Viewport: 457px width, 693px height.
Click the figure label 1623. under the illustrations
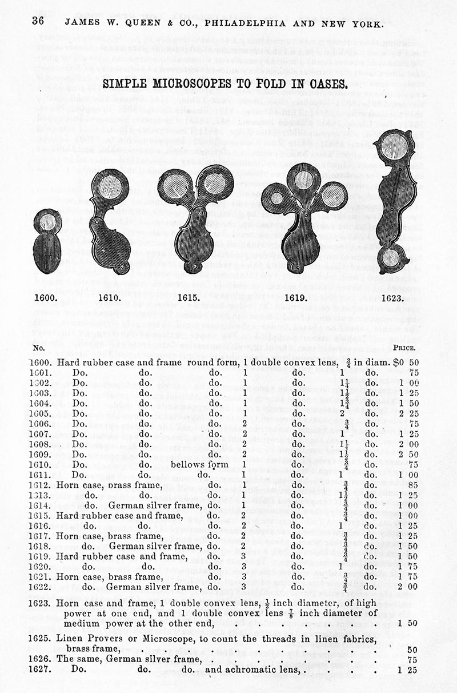pos(392,298)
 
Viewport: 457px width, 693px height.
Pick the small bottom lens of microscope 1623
pos(392,257)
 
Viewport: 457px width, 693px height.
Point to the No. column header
pos(39,346)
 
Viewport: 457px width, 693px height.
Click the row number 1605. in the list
pos(45,413)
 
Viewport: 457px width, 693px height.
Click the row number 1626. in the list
pos(45,659)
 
